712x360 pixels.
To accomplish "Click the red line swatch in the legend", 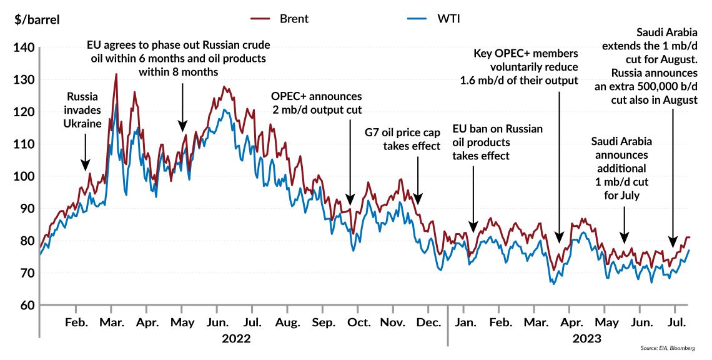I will [x=260, y=19].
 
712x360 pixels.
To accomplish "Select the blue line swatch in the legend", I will [x=417, y=19].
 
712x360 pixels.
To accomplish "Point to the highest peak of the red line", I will [x=116, y=74].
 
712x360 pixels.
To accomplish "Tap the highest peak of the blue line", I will [x=116, y=104].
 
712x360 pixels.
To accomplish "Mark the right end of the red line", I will [x=688, y=237].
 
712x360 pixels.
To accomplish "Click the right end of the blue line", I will [x=688, y=251].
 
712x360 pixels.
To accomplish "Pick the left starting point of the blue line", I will [x=41, y=254].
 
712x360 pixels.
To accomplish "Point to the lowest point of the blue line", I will [x=553, y=284].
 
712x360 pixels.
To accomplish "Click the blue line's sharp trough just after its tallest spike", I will [x=126, y=194].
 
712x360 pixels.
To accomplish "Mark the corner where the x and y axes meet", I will [x=39, y=305].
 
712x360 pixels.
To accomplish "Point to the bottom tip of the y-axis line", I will [x=39, y=337].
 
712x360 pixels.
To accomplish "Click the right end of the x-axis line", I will [x=688, y=305].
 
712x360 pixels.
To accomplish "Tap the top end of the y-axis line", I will [x=39, y=47].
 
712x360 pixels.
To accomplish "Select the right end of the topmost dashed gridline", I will [x=687, y=47].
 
